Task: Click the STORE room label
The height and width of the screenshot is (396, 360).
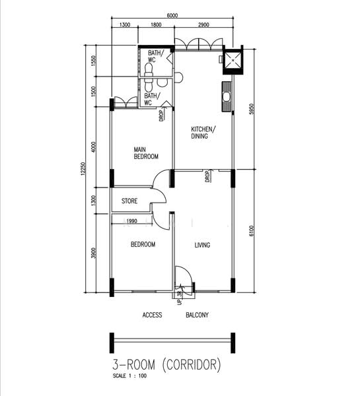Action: [x=129, y=201]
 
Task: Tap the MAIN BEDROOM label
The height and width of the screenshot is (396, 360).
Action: [x=146, y=153]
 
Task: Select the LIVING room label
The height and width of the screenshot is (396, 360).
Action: [x=202, y=245]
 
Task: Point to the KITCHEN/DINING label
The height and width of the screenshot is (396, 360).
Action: [x=203, y=133]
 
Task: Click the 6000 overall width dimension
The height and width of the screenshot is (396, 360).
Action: [x=172, y=15]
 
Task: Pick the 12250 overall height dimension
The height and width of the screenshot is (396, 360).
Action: [x=84, y=170]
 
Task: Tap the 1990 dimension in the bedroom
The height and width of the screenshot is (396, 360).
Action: [x=131, y=221]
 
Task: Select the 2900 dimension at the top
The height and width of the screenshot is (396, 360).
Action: [x=203, y=25]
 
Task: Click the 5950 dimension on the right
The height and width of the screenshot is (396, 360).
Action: [x=251, y=109]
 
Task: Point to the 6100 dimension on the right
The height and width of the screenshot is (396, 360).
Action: [x=251, y=231]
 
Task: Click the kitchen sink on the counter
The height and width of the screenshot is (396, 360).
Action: [x=227, y=97]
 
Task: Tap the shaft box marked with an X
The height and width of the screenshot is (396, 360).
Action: [x=233, y=60]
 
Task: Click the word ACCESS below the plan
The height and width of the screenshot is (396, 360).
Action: [x=152, y=315]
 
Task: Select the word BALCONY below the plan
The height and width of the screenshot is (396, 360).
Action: [x=198, y=315]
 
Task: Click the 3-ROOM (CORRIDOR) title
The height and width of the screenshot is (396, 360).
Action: [x=166, y=365]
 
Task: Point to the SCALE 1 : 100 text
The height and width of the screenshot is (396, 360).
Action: [x=129, y=376]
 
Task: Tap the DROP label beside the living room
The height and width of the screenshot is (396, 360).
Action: [x=208, y=176]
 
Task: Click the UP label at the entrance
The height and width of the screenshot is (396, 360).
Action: [x=180, y=302]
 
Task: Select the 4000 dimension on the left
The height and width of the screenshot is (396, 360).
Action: [x=94, y=147]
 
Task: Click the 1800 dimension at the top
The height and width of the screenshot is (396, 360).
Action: [x=156, y=25]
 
